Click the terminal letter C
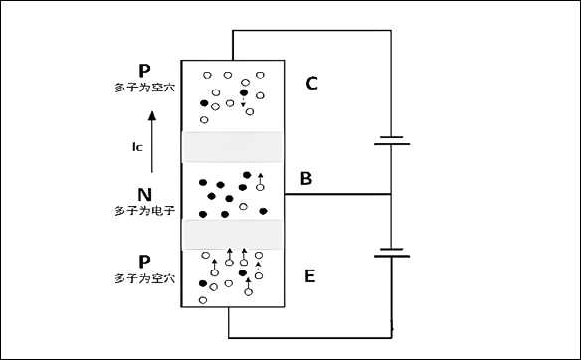[311, 83]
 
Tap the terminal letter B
[306, 179]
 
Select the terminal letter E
[310, 275]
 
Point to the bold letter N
[145, 195]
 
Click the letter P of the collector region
[145, 72]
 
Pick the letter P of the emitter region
[145, 264]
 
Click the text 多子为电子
[145, 211]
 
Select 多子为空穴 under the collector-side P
[145, 88]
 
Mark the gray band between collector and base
[233, 146]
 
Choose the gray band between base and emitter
[233, 234]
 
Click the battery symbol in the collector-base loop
[392, 140]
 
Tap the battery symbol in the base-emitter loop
[392, 251]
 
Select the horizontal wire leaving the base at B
[338, 194]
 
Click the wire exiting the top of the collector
[233, 44]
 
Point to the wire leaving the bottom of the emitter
[229, 323]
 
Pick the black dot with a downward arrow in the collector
[243, 93]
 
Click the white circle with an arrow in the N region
[261, 186]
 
